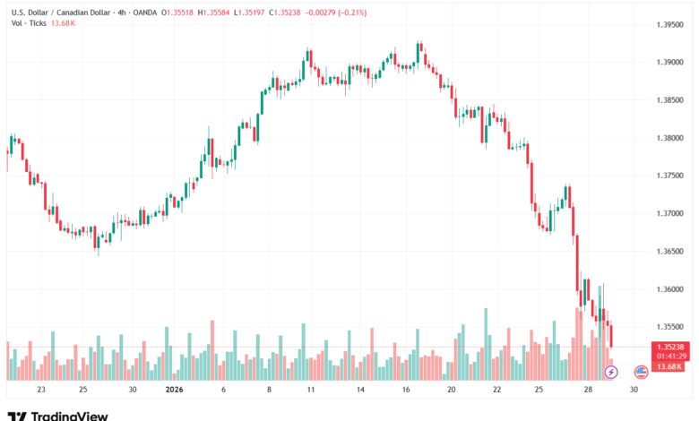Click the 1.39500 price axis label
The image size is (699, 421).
coord(664,24)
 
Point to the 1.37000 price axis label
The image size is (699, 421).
coord(664,213)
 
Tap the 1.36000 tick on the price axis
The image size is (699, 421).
coord(664,289)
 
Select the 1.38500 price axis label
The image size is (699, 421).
coord(664,99)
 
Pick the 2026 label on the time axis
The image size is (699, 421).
coord(175,390)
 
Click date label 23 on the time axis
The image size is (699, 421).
coord(41,390)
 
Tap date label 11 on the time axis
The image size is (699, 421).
coord(309,390)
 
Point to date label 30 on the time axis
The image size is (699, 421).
coord(634,390)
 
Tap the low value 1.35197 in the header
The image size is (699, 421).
coord(272,13)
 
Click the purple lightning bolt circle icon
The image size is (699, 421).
coord(613,371)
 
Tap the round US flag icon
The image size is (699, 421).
coord(641,371)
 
